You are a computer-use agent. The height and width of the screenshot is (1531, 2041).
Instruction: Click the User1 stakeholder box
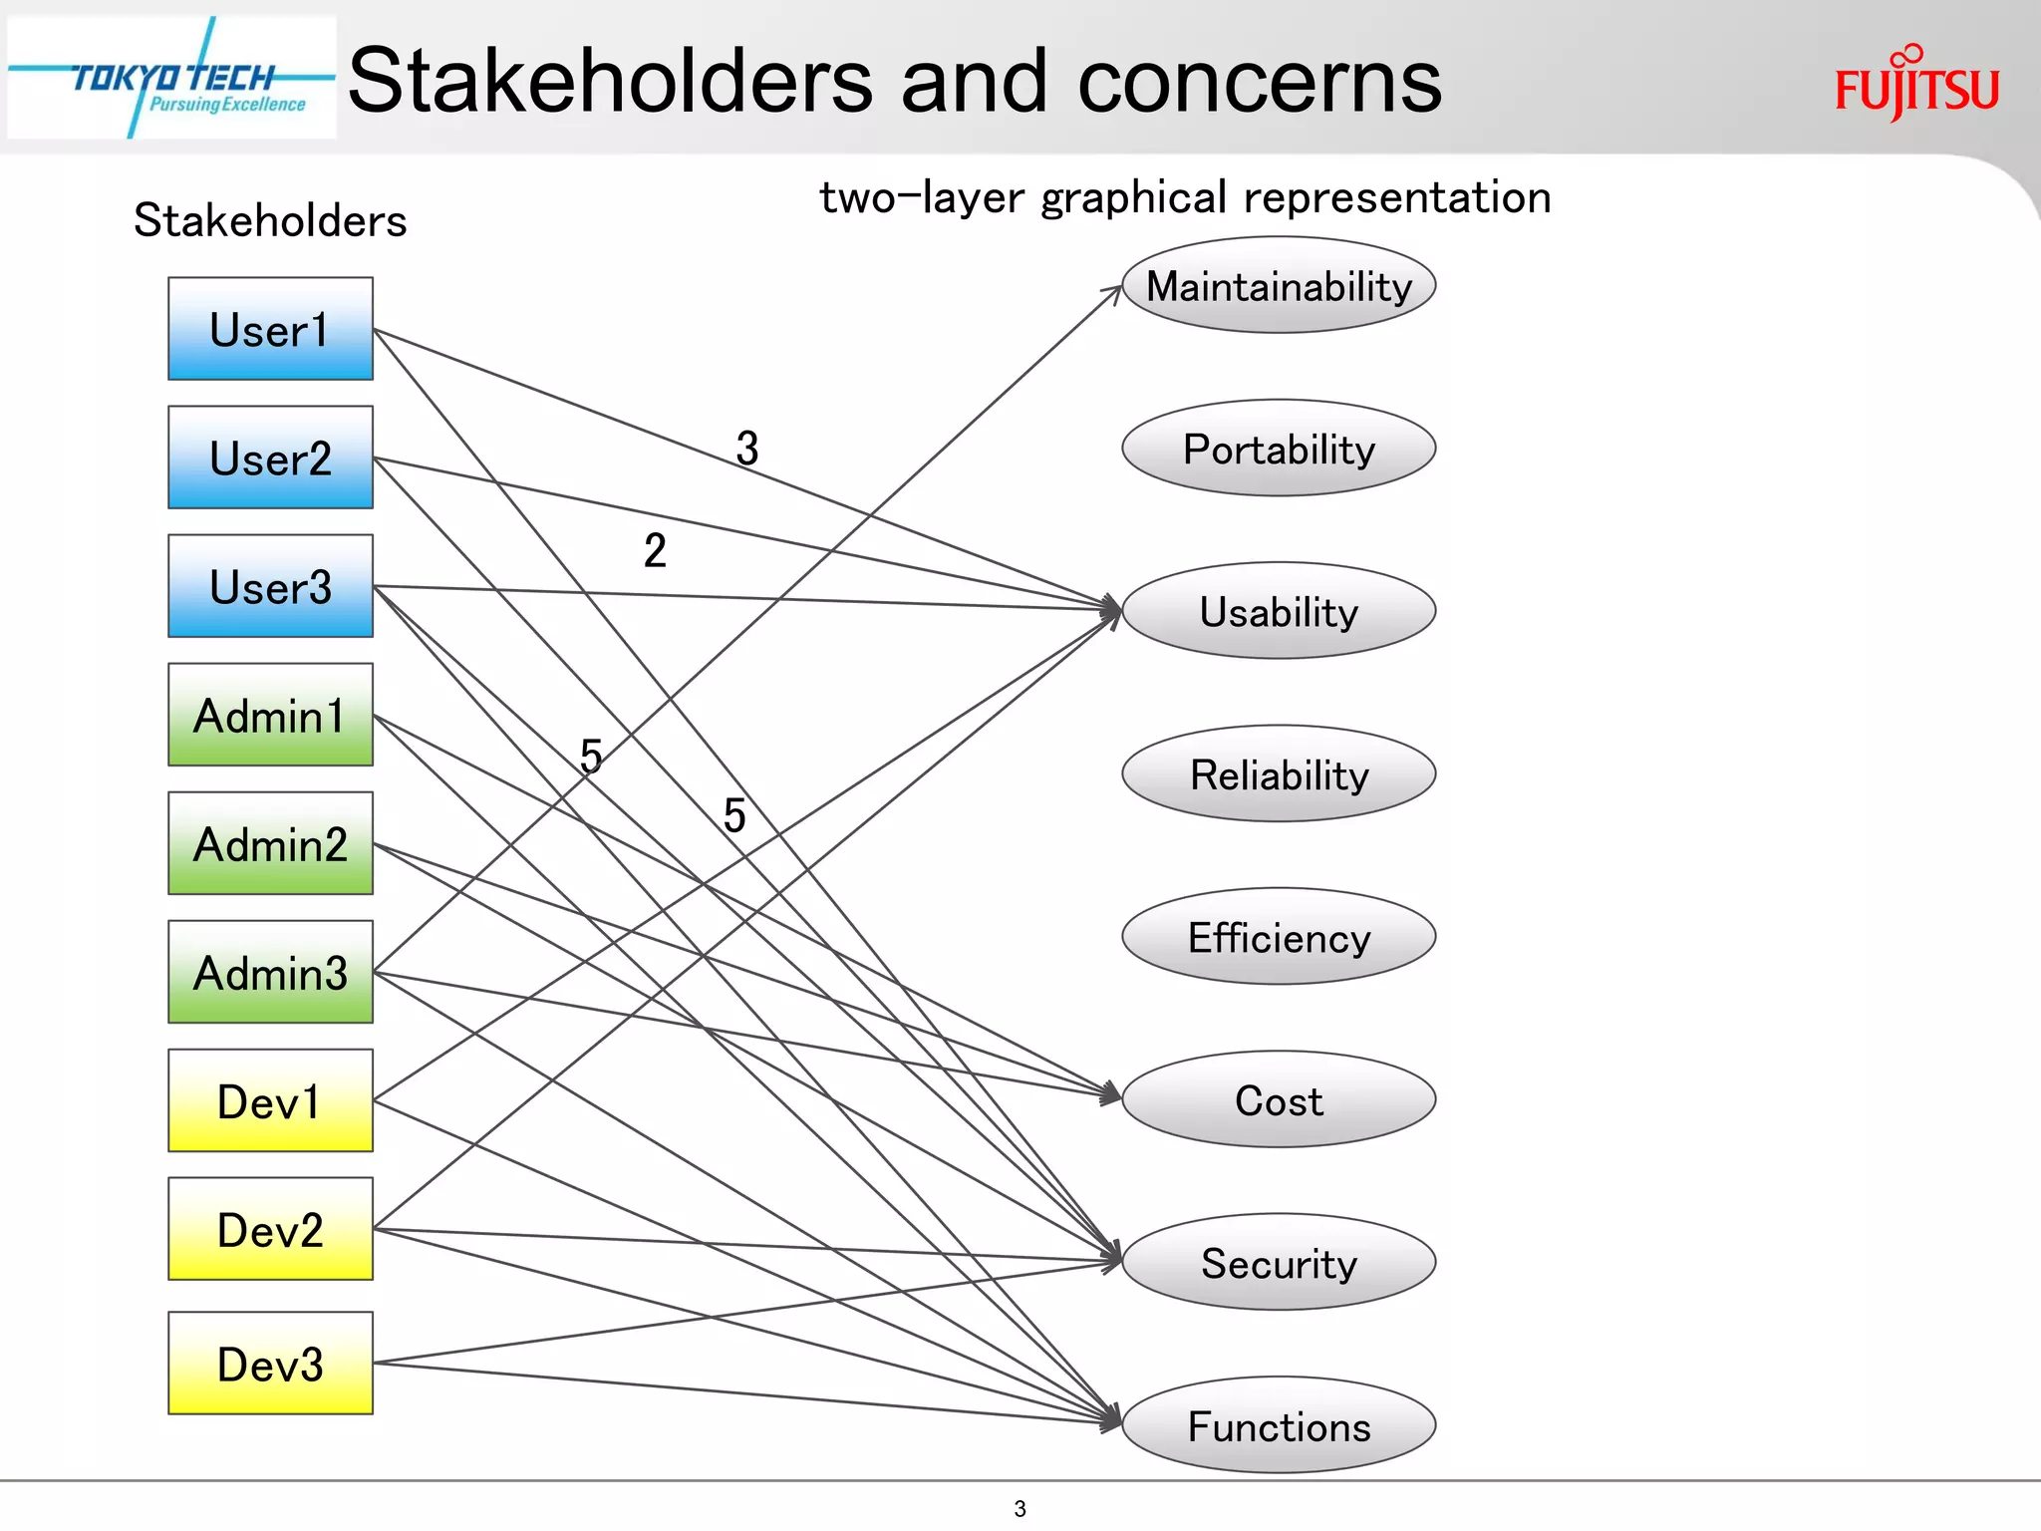tap(270, 329)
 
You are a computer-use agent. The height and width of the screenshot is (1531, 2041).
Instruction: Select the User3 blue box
tap(270, 586)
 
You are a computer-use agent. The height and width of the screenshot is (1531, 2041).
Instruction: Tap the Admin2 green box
tap(270, 843)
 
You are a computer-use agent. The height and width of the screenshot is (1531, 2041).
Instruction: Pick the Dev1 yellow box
tap(270, 1100)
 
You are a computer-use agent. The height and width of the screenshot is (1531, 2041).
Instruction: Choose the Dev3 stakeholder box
tap(270, 1363)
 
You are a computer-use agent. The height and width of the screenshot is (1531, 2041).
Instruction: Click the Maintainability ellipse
tap(1279, 285)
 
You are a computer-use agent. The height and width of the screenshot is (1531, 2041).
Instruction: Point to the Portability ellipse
tap(1279, 449)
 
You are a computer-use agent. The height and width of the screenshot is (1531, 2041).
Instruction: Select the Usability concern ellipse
tap(1279, 611)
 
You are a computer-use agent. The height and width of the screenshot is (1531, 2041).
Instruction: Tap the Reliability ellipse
tap(1279, 774)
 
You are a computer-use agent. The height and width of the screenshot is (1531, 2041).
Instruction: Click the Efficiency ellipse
tap(1279, 937)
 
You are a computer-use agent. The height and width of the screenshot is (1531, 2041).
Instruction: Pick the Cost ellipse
tap(1279, 1099)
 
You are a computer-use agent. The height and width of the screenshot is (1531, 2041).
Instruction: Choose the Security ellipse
tap(1279, 1263)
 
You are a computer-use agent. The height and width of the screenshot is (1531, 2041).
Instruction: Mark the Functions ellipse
tap(1279, 1425)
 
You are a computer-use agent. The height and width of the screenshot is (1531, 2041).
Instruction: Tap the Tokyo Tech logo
tap(171, 78)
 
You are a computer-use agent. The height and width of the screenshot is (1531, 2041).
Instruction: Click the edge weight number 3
tap(747, 448)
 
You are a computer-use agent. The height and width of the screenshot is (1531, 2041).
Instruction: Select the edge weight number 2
tap(655, 550)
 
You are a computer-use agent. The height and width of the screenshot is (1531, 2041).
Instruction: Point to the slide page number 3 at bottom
tap(1020, 1508)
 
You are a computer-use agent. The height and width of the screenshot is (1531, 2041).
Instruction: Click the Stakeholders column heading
tap(270, 220)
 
